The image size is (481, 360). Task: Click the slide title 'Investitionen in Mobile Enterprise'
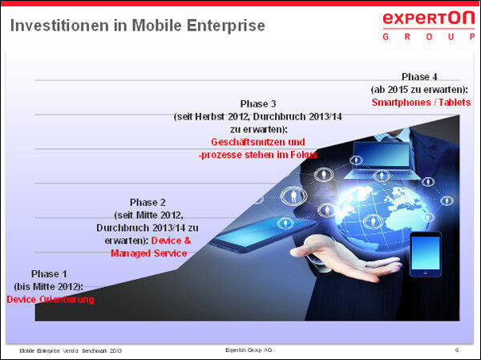pyautogui.click(x=137, y=26)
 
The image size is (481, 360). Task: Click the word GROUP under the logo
pyautogui.click(x=428, y=37)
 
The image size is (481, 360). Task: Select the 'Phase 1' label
pyautogui.click(x=50, y=273)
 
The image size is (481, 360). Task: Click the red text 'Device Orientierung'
pyautogui.click(x=50, y=300)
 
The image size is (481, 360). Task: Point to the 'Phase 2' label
pyautogui.click(x=148, y=202)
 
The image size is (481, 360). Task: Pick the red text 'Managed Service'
pyautogui.click(x=148, y=253)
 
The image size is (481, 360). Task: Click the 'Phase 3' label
pyautogui.click(x=258, y=103)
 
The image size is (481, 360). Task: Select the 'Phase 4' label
pyautogui.click(x=420, y=76)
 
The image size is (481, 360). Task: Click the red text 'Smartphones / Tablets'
pyautogui.click(x=421, y=103)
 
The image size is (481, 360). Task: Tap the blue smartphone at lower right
pyautogui.click(x=426, y=254)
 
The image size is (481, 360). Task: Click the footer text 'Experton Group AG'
pyautogui.click(x=249, y=350)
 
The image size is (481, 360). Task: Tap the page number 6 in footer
pyautogui.click(x=457, y=350)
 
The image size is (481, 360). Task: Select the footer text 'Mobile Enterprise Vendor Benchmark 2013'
pyautogui.click(x=71, y=351)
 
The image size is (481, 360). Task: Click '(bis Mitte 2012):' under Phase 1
pyautogui.click(x=49, y=286)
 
